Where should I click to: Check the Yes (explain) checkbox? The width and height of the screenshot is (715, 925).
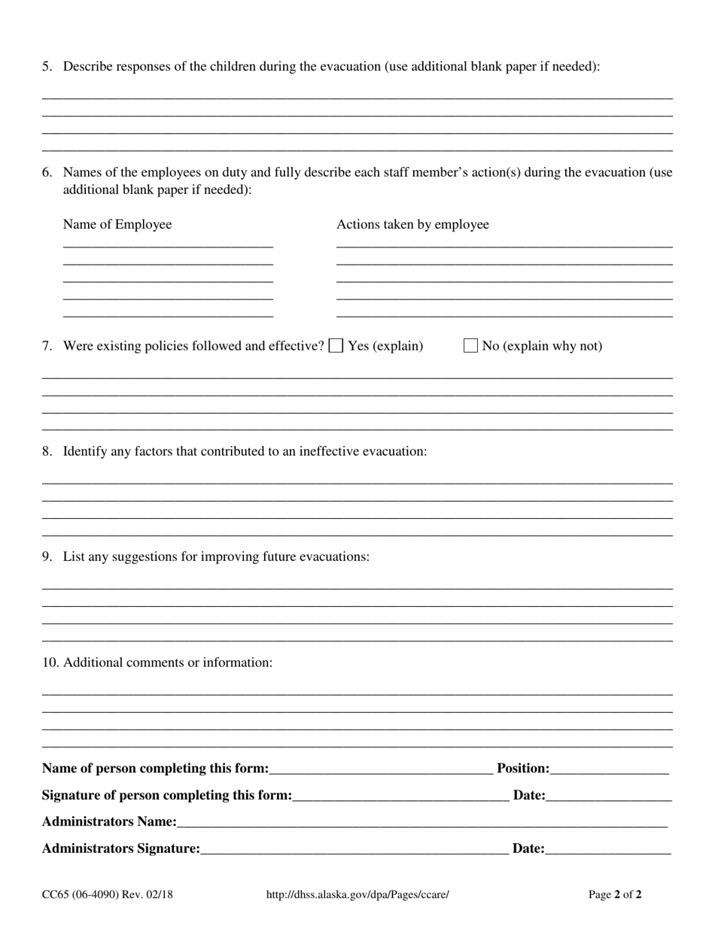(x=336, y=346)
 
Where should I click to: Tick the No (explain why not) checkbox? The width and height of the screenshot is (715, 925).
(x=470, y=346)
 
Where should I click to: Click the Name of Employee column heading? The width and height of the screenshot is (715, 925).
(x=117, y=224)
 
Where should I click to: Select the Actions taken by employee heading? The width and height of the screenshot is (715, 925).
(x=412, y=224)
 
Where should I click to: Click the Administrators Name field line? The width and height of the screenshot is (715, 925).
(x=421, y=823)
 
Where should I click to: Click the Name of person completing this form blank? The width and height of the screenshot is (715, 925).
(x=381, y=769)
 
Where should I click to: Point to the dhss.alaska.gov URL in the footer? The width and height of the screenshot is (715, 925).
(x=357, y=895)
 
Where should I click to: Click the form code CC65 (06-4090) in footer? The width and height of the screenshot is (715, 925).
(x=108, y=895)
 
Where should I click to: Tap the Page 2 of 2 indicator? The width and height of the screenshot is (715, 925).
(x=615, y=895)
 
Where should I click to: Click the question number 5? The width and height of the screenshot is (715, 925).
(x=47, y=66)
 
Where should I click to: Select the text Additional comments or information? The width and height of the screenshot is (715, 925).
(x=168, y=663)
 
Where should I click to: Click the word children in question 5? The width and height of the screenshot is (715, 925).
(x=233, y=66)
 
